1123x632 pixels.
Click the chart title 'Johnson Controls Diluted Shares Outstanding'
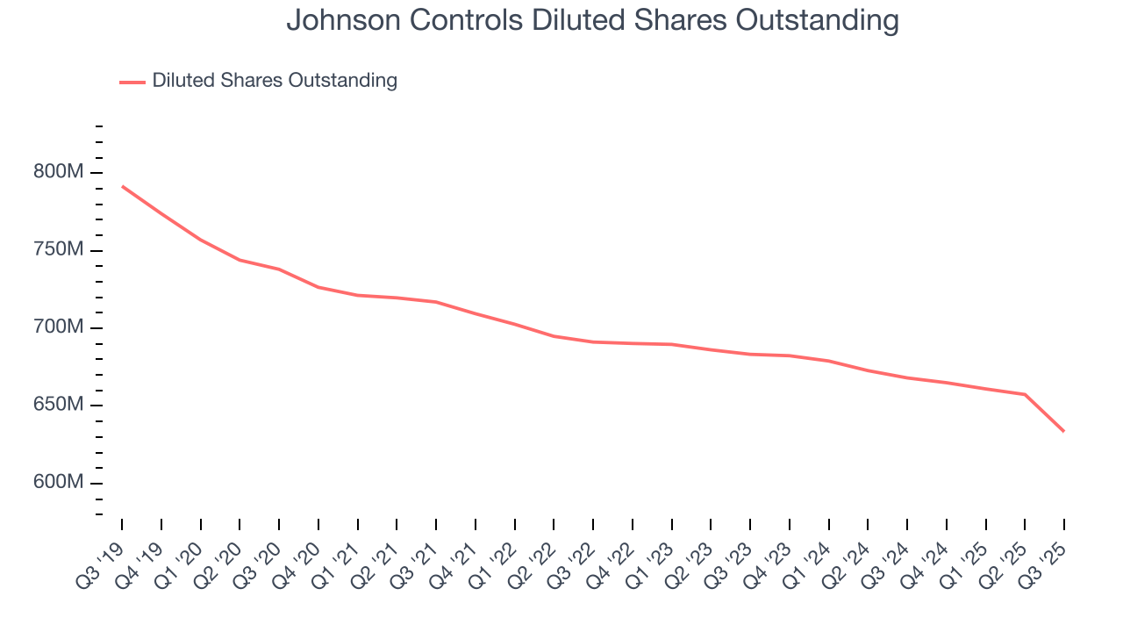point(592,20)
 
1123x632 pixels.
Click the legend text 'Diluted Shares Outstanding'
point(275,81)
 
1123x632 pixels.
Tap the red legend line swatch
point(132,82)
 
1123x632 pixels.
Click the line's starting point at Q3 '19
point(122,186)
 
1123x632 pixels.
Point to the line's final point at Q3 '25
point(1064,431)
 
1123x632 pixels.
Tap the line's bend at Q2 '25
point(1025,394)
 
